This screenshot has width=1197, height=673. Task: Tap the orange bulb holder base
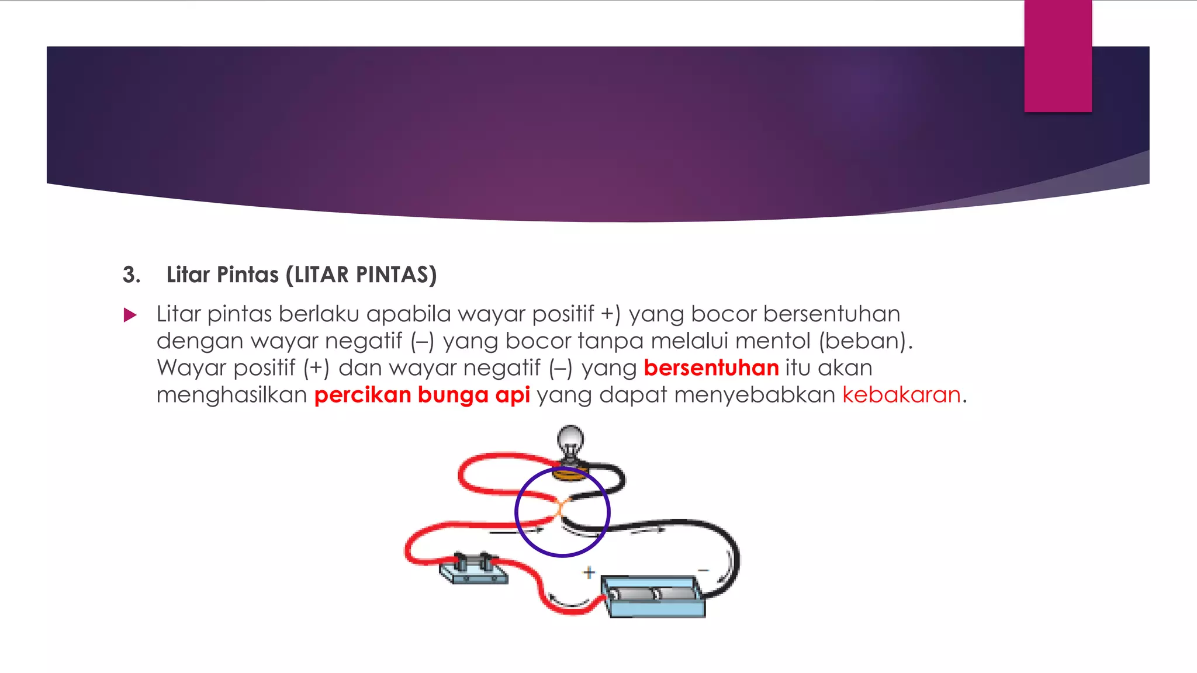570,473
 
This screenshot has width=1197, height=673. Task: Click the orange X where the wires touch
560,508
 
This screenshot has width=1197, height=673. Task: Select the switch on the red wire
473,568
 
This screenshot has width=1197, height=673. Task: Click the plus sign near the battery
589,572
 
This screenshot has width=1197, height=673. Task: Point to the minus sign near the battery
703,570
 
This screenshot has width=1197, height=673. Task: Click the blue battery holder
653,596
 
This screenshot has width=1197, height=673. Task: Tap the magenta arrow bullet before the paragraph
130,315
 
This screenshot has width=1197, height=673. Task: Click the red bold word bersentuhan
711,368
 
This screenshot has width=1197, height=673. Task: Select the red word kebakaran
901,395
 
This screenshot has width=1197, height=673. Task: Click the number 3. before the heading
132,275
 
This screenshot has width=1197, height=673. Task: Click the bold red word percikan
362,395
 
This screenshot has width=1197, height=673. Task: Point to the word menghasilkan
231,395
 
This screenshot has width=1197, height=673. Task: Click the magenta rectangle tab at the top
1057,56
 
